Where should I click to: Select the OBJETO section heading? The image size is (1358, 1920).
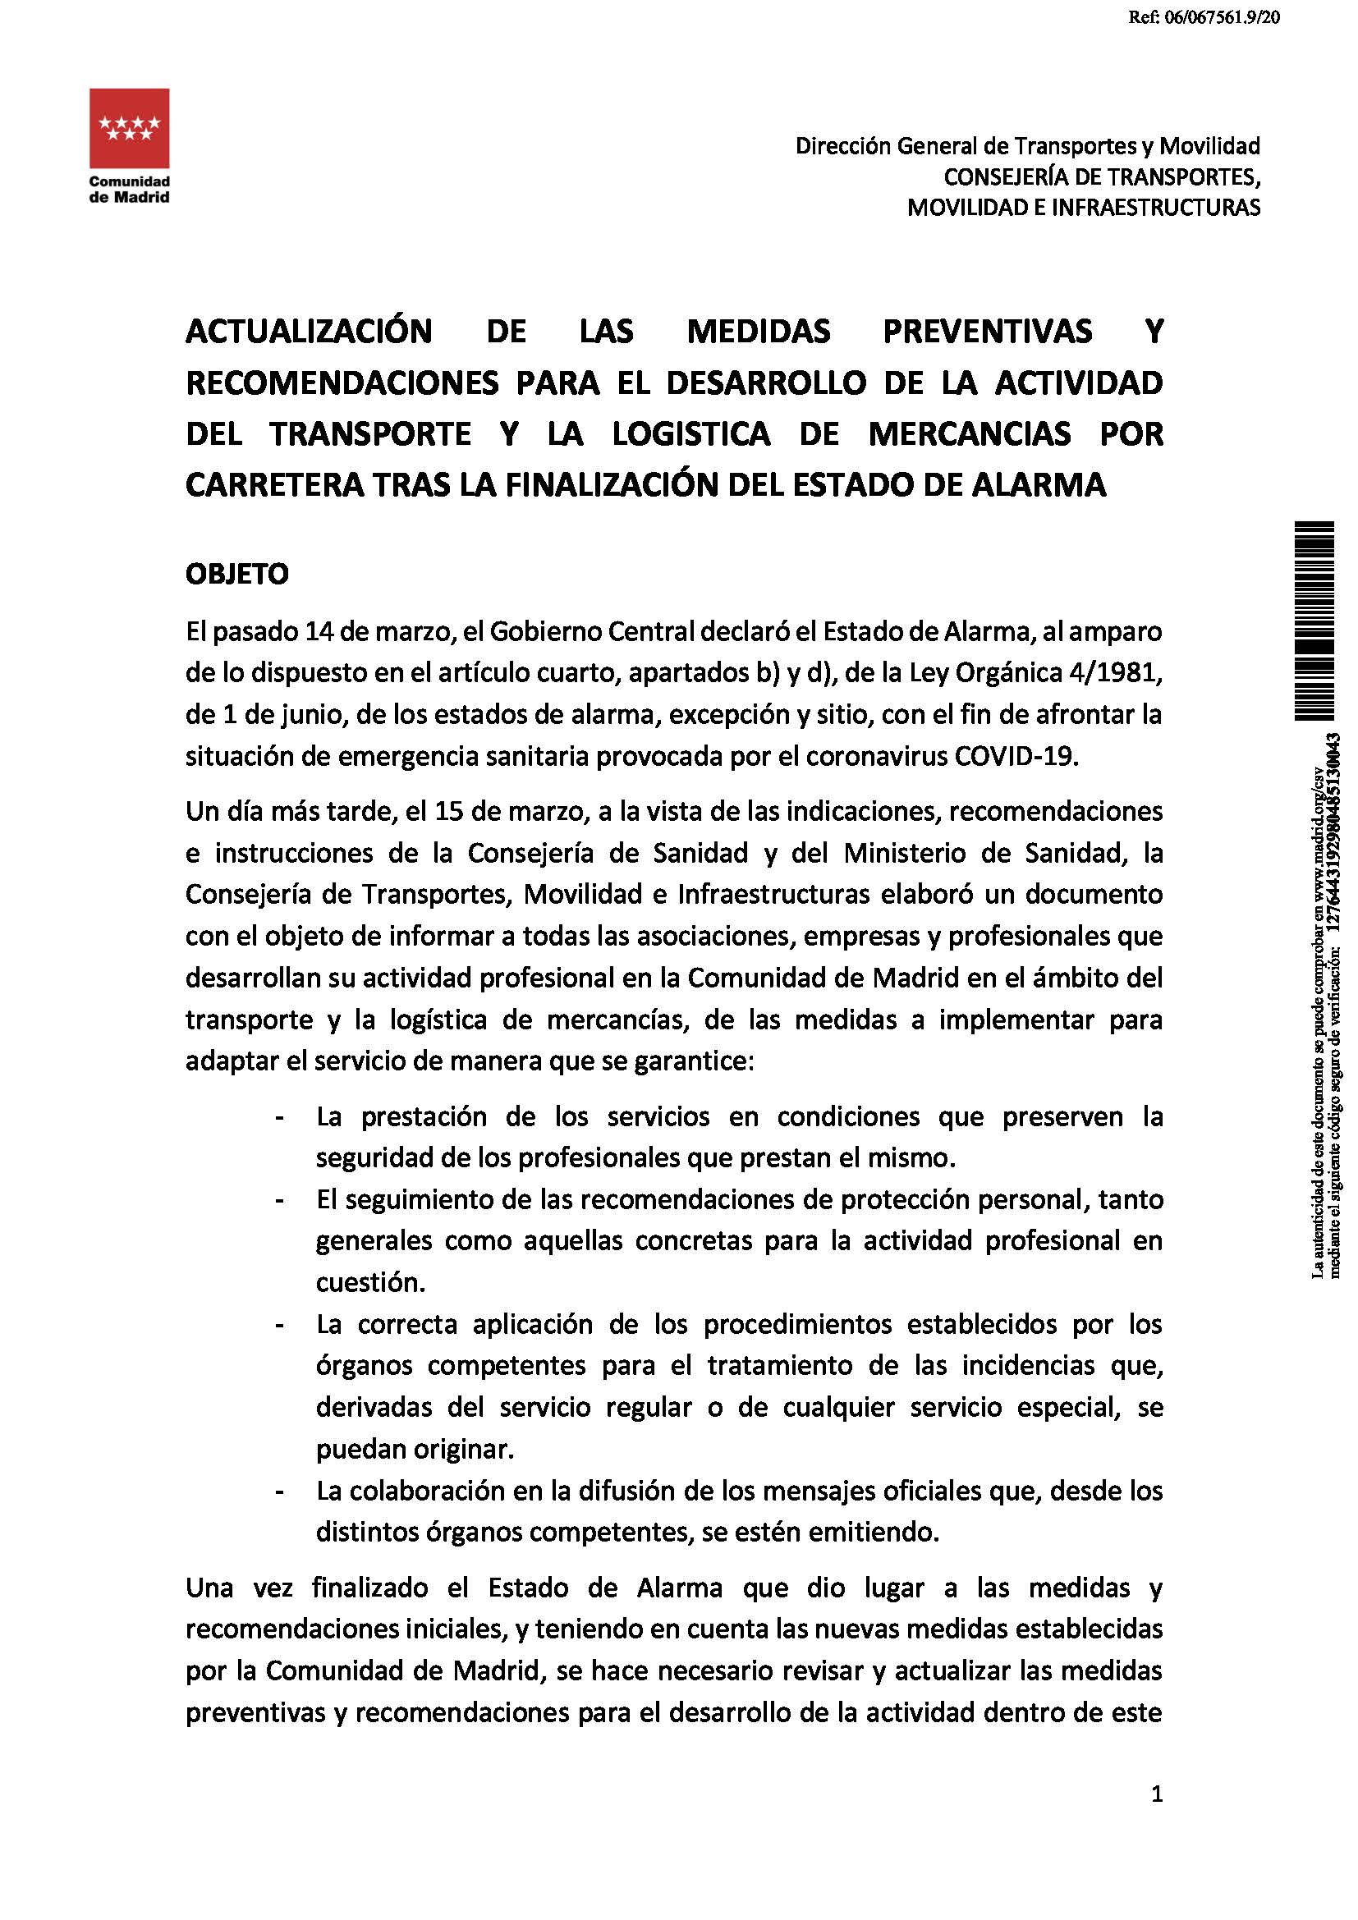click(x=236, y=575)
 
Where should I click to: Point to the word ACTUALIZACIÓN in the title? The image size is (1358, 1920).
click(x=309, y=332)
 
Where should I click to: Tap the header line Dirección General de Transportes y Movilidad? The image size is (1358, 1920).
click(x=1027, y=146)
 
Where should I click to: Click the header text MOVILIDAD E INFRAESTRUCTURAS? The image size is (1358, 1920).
click(x=1084, y=208)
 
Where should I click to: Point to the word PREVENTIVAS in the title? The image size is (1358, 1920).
click(x=988, y=332)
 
